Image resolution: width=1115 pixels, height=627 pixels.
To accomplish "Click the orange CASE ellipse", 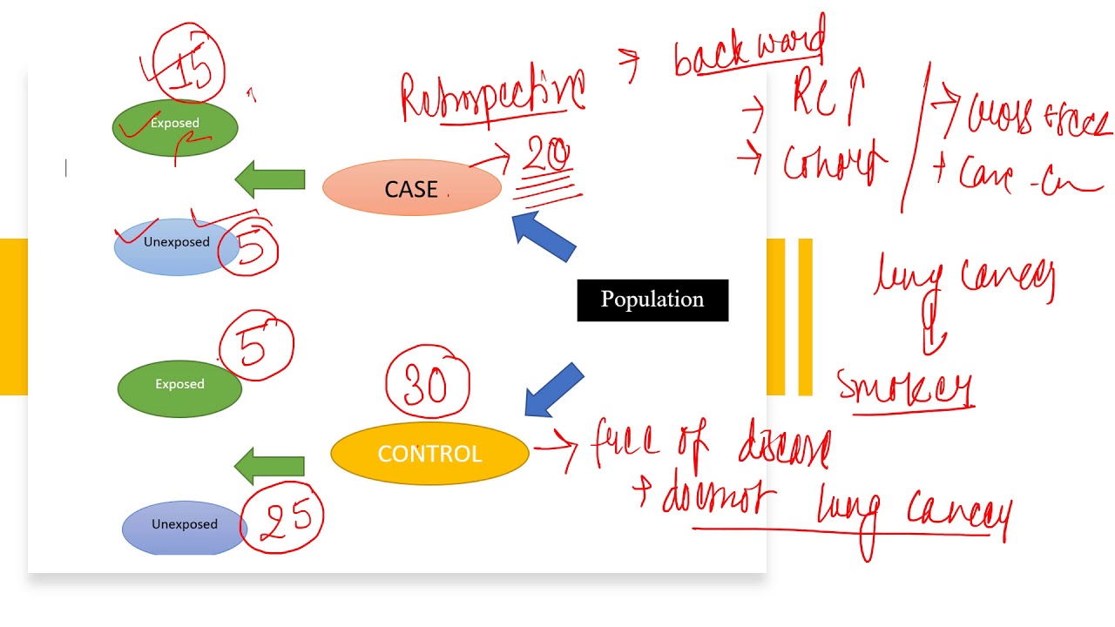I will tap(411, 189).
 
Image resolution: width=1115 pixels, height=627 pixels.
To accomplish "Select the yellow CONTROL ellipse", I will tap(429, 454).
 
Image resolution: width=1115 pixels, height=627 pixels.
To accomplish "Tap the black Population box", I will tap(652, 300).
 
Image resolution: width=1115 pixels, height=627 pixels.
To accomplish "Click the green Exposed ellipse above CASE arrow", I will tap(174, 127).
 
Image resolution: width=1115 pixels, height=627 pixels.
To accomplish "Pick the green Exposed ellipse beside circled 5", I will tap(179, 385).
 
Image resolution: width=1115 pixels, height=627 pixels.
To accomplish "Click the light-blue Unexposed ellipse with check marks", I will tap(176, 244).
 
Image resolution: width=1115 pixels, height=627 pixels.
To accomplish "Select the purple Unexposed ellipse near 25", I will tap(184, 525).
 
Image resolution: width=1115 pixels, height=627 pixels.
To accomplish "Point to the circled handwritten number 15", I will tap(190, 69).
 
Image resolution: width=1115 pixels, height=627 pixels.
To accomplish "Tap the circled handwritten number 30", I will tap(427, 383).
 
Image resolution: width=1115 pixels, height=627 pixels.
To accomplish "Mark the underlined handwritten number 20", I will tap(547, 157).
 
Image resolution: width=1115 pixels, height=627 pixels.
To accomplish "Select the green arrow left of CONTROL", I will tap(270, 466).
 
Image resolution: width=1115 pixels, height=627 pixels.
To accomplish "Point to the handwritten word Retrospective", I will tap(493, 96).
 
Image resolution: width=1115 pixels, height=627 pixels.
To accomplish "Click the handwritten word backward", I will tap(750, 47).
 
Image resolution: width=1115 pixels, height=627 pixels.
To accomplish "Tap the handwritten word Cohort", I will tap(832, 162).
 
